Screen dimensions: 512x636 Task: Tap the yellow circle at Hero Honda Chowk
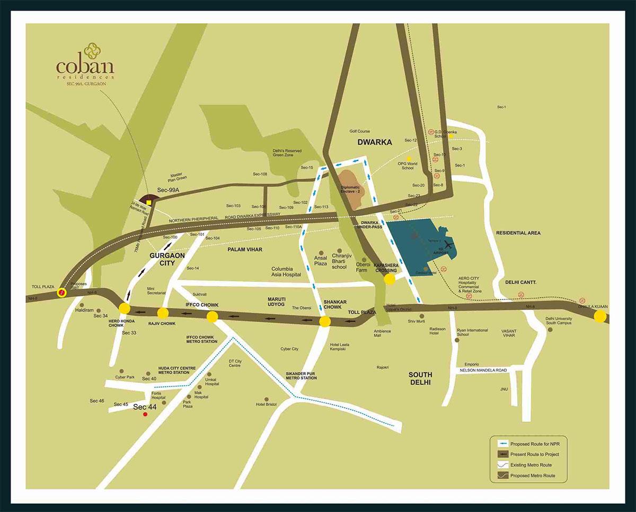[125, 308]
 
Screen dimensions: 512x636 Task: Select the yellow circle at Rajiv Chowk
[163, 313]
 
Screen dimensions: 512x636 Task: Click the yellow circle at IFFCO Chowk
[212, 317]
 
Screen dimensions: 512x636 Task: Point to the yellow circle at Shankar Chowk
[325, 321]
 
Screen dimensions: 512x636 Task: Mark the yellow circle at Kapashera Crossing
[390, 279]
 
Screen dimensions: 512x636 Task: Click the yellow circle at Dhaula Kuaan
[600, 316]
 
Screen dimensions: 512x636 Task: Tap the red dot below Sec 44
[145, 415]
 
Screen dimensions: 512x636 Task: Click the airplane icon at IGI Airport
[450, 245]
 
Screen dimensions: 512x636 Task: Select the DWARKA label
[375, 142]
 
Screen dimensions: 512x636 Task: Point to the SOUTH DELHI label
[420, 378]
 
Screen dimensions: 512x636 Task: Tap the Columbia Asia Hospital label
[286, 271]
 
